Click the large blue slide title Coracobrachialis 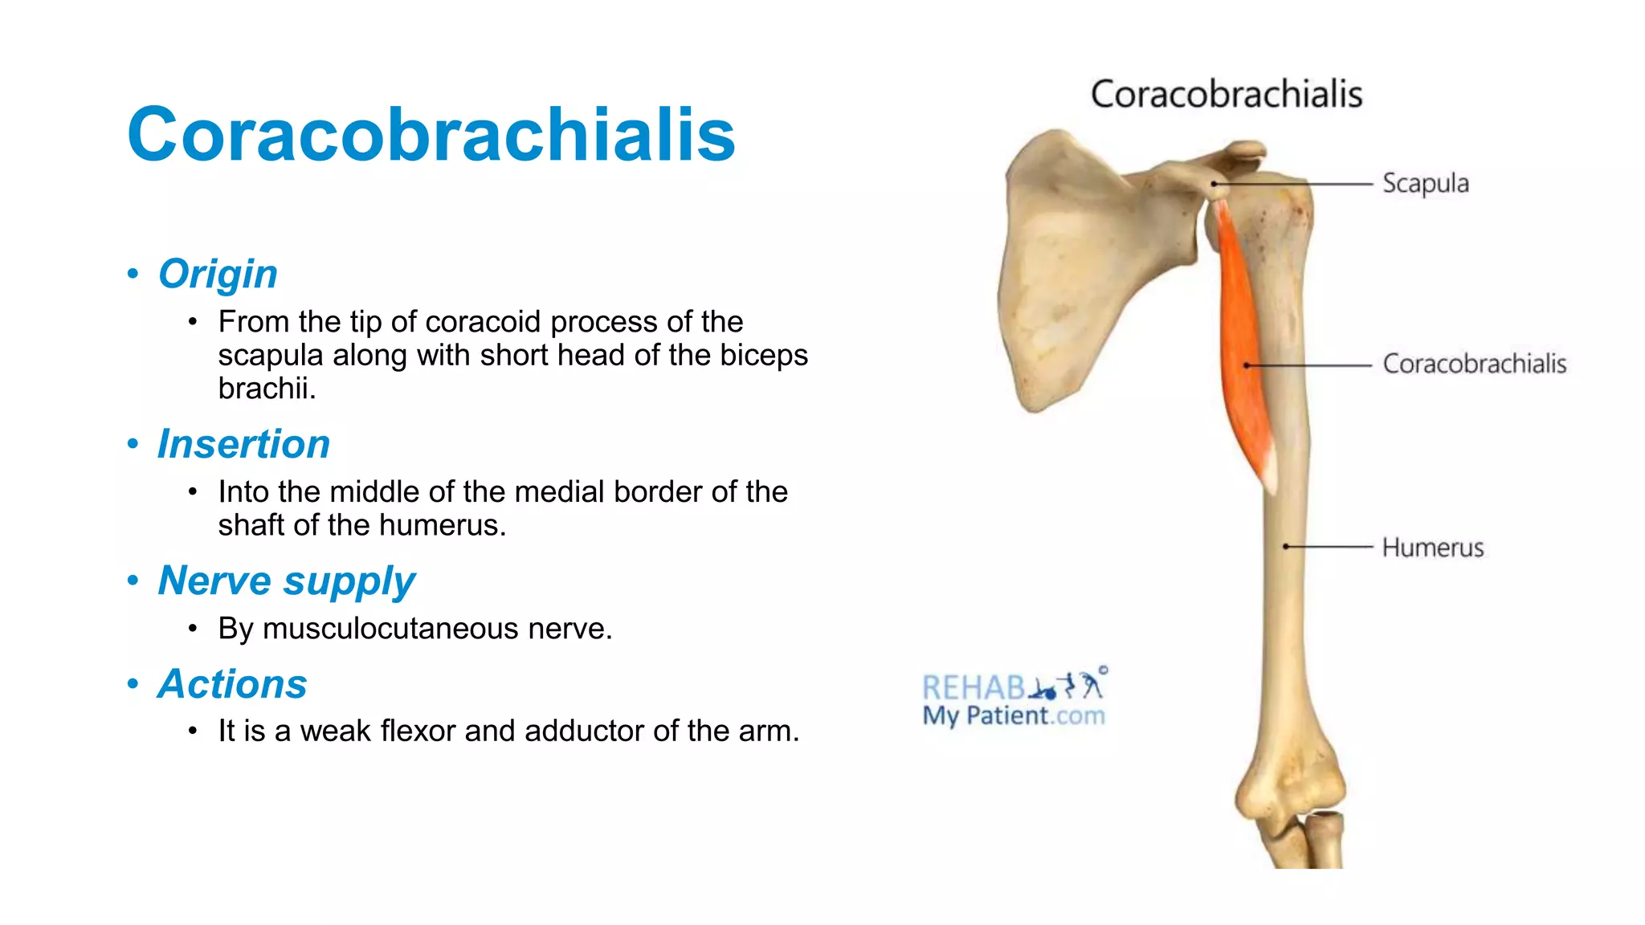[x=431, y=135]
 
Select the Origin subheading [x=218, y=274]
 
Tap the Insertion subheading [x=243, y=444]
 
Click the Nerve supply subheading [x=286, y=581]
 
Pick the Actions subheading [x=232, y=684]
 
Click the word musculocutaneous [x=390, y=629]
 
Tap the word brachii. [x=266, y=389]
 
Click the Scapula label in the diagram [x=1425, y=184]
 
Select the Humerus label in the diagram [x=1432, y=548]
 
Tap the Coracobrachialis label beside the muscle [x=1474, y=365]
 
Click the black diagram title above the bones [x=1226, y=95]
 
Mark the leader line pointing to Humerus [x=1329, y=547]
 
